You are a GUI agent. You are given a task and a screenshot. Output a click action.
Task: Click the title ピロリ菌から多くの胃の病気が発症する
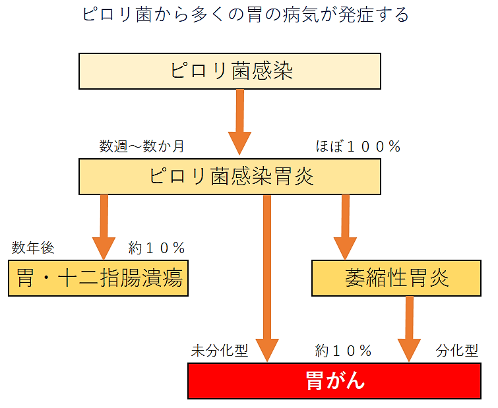245,15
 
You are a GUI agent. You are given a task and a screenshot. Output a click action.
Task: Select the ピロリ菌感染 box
230,71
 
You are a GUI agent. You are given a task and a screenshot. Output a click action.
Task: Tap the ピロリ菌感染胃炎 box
230,177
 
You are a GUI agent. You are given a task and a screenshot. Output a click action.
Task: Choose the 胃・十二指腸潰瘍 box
98,278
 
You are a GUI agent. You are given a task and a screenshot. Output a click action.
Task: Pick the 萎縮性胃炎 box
396,278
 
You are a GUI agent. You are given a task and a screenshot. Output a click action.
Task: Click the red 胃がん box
334,381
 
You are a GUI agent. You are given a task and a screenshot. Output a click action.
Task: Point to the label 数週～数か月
142,146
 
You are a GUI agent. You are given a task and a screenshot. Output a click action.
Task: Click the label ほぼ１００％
358,146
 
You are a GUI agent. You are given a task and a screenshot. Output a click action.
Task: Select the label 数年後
33,248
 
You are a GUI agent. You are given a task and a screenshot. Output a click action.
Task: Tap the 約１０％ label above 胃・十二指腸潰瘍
156,248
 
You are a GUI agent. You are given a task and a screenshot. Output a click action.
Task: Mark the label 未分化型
220,351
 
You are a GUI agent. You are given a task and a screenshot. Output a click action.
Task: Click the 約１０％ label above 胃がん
344,351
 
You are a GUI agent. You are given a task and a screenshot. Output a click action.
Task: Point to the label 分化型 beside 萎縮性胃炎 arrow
456,351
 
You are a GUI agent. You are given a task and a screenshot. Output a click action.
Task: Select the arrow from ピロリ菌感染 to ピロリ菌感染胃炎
240,122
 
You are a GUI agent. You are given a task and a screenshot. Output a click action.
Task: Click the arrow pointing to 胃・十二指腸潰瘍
104,227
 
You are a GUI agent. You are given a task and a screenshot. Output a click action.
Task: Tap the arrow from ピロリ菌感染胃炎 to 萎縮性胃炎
345,227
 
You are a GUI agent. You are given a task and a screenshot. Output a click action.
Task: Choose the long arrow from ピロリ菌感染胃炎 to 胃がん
267,279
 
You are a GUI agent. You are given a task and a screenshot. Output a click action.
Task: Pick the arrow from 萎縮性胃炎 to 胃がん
410,329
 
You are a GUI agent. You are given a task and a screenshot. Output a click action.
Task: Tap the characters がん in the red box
346,380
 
